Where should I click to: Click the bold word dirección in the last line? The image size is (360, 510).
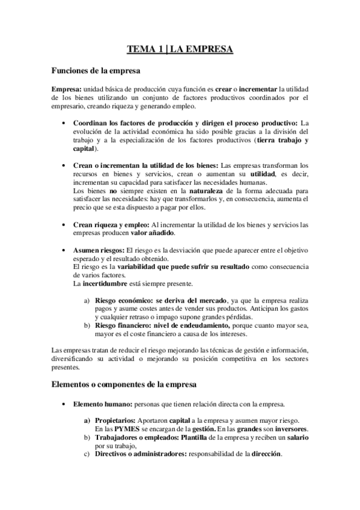coord(266,454)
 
